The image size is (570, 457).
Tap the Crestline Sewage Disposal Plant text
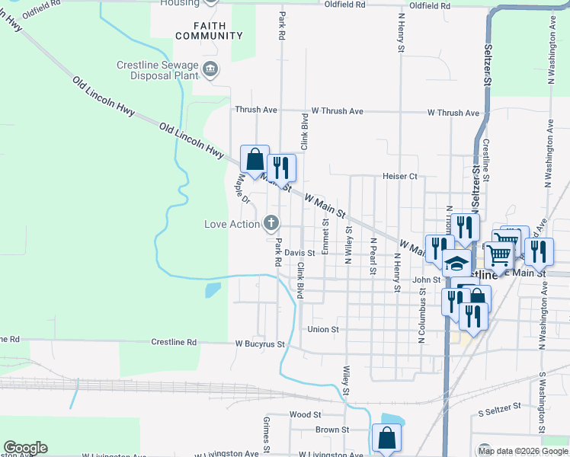click(x=157, y=71)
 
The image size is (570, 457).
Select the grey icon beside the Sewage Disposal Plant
click(x=211, y=71)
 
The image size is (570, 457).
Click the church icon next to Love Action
click(x=270, y=223)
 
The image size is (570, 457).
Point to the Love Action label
click(x=232, y=224)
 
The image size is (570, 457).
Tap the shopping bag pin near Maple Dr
click(x=255, y=160)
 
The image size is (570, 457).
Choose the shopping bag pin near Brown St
click(x=386, y=439)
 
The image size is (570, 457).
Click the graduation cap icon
click(x=456, y=264)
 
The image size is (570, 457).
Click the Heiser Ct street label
click(x=400, y=176)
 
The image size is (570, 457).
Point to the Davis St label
click(x=300, y=253)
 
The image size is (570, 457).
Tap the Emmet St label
click(x=325, y=237)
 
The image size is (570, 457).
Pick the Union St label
click(x=322, y=329)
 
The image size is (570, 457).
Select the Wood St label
click(x=306, y=414)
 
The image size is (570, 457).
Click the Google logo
click(x=25, y=448)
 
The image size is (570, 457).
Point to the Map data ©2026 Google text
click(x=524, y=451)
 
